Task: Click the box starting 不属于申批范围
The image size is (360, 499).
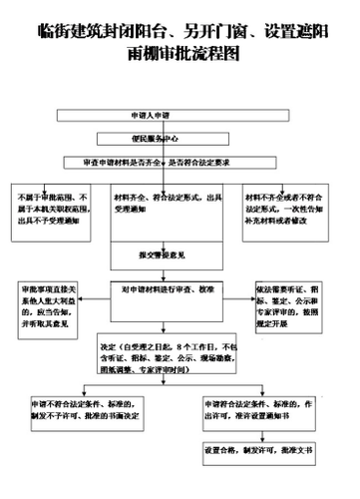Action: pyautogui.click(x=55, y=213)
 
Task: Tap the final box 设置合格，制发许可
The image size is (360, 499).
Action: pyautogui.click(x=262, y=450)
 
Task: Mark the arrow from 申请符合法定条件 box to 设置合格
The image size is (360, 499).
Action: pyautogui.click(x=262, y=431)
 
